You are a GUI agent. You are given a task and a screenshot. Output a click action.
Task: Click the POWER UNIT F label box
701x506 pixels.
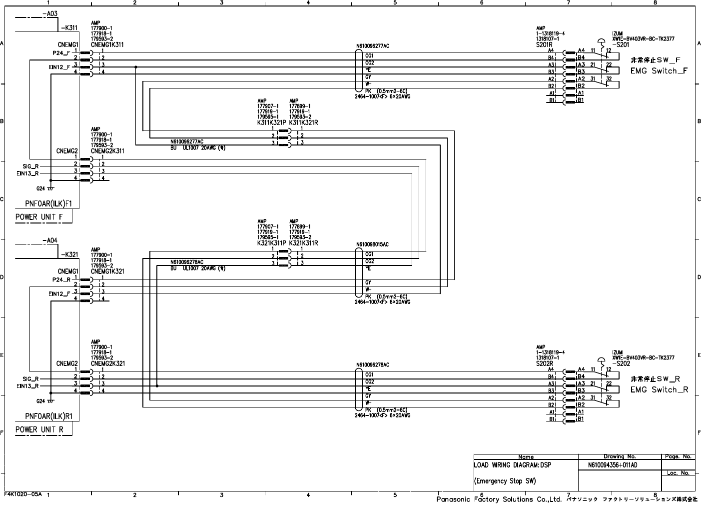click(x=39, y=217)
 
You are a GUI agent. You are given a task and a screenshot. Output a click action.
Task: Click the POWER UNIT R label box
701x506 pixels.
click(x=39, y=429)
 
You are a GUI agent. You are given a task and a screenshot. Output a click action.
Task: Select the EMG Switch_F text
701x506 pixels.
click(x=659, y=71)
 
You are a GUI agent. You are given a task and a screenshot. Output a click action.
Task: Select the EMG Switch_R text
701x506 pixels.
click(x=659, y=390)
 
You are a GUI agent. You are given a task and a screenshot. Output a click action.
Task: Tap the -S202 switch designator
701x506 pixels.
click(x=621, y=363)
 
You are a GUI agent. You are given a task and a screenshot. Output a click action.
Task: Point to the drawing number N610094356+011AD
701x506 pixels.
click(x=613, y=465)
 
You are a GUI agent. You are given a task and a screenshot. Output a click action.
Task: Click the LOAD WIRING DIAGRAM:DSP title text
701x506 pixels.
click(x=513, y=465)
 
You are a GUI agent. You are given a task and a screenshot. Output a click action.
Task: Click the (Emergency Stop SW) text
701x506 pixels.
click(x=505, y=481)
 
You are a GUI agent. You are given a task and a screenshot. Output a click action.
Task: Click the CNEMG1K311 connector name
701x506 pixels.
click(x=107, y=44)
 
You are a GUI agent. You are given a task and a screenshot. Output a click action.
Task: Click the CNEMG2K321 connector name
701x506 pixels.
click(x=107, y=363)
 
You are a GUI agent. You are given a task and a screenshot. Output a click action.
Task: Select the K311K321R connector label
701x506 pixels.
click(x=303, y=122)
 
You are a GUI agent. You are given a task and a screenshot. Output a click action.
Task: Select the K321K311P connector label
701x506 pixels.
click(x=272, y=243)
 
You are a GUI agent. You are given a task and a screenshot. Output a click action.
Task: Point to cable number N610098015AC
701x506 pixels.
click(x=372, y=244)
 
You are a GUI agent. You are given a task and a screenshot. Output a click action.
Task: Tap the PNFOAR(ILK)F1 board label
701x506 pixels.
click(x=48, y=203)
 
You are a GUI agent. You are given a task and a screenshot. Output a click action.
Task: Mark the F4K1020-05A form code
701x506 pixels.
click(x=23, y=493)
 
